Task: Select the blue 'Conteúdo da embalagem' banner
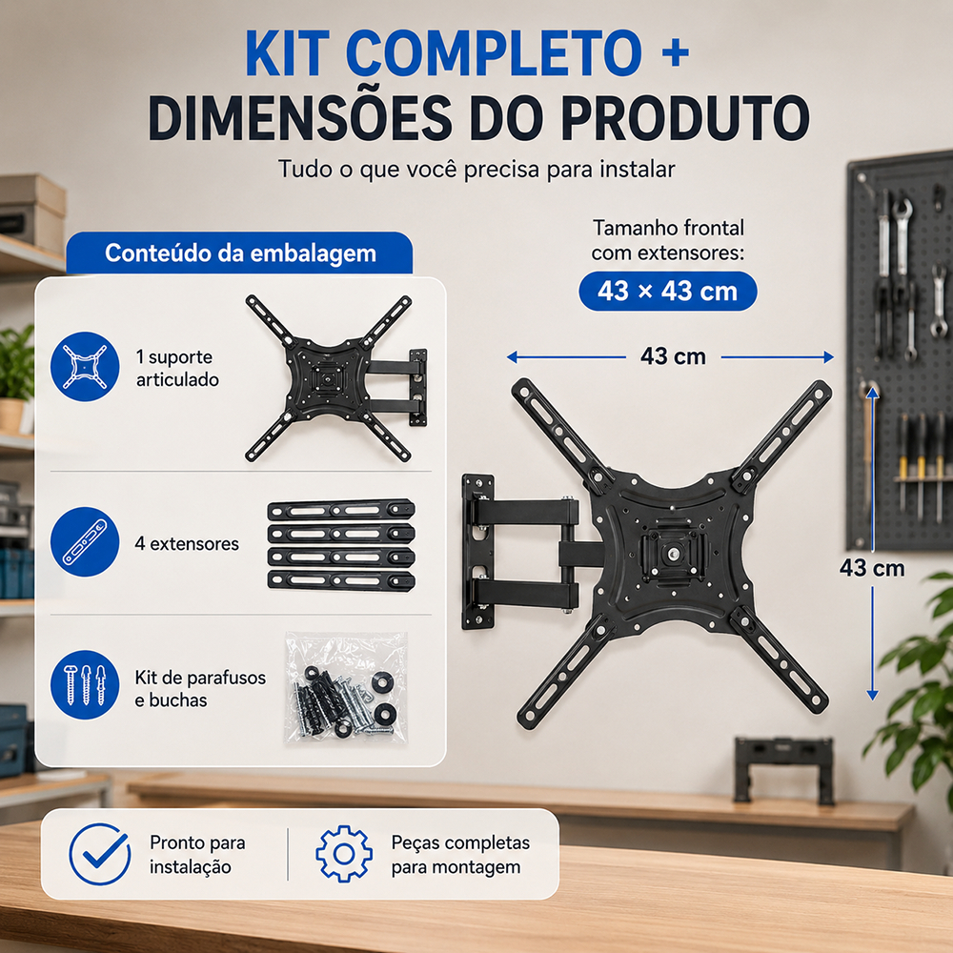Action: click(239, 253)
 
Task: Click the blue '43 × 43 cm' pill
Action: click(667, 291)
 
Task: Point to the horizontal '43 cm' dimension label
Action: click(673, 356)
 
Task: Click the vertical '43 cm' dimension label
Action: click(872, 568)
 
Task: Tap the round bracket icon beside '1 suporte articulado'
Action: click(85, 367)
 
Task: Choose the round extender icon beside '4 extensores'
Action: click(85, 541)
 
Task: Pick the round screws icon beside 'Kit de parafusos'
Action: click(85, 685)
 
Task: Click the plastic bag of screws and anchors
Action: click(345, 688)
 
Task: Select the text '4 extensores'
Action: click(187, 543)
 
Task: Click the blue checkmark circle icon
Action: click(100, 854)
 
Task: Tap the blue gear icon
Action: click(344, 854)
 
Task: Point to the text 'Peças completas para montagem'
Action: click(460, 855)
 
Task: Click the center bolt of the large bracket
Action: click(673, 554)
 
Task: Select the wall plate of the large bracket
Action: click(478, 552)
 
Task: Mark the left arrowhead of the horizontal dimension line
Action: click(512, 356)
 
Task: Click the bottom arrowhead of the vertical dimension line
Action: click(872, 695)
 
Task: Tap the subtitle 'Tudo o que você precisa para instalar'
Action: click(476, 169)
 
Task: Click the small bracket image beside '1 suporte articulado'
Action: click(336, 378)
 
